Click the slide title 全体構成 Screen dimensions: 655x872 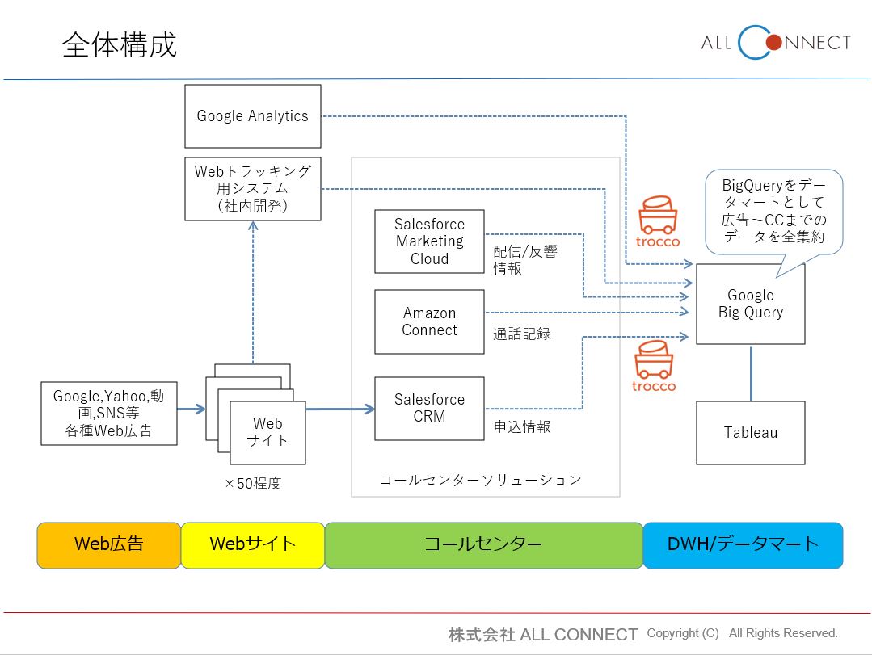(x=120, y=45)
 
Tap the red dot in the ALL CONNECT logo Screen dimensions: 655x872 (x=773, y=42)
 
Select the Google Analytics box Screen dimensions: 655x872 (x=252, y=116)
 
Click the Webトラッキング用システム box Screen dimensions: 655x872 (x=252, y=189)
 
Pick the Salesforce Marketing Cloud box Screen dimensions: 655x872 (x=429, y=241)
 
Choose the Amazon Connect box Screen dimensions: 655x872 (x=429, y=321)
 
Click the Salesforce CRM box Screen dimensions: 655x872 (x=429, y=408)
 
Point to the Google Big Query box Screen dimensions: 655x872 (x=750, y=304)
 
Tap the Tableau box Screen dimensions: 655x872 (x=750, y=433)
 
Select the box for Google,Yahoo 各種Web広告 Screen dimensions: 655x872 (x=108, y=414)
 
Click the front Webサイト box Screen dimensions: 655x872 (x=267, y=432)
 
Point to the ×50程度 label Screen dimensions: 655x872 (x=253, y=484)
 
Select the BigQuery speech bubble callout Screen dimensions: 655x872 (x=774, y=210)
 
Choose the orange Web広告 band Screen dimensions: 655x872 (x=108, y=544)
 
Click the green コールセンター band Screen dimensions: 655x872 (x=483, y=544)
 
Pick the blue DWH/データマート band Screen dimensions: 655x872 (x=742, y=544)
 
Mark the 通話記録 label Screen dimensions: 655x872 (x=522, y=333)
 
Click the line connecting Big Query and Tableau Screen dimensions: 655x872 (x=751, y=373)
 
